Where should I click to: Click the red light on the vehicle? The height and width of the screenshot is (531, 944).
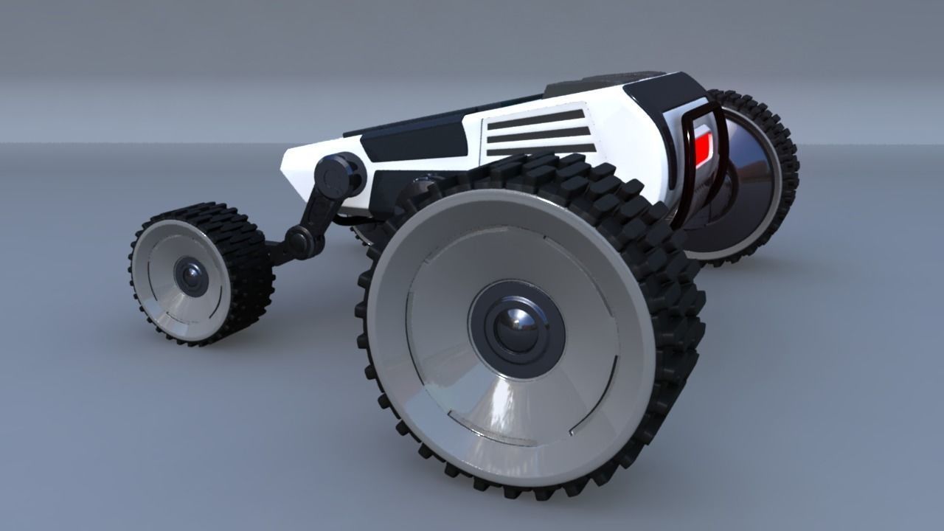[x=703, y=145]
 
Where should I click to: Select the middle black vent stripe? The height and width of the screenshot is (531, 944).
[x=540, y=134]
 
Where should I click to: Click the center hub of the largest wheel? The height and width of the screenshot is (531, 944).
[x=516, y=327]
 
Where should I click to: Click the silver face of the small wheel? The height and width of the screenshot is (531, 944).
[x=166, y=302]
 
